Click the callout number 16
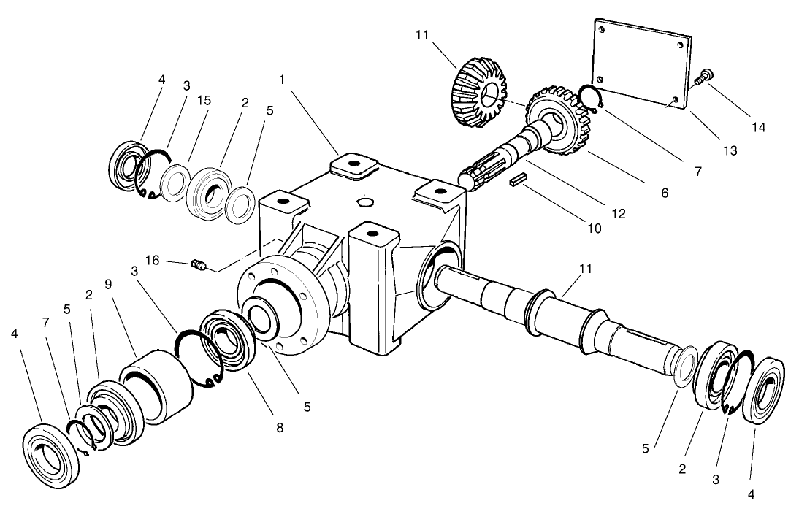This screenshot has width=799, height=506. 152,260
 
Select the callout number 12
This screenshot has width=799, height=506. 618,214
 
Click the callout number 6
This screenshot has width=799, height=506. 664,193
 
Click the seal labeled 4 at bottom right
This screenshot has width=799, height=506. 763,388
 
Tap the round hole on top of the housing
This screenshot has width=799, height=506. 362,199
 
